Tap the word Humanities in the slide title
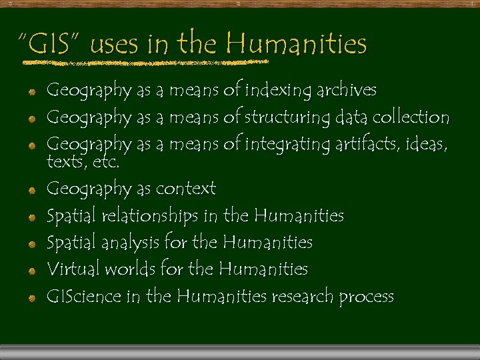point(296,45)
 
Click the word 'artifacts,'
point(364,144)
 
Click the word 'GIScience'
point(84,296)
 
